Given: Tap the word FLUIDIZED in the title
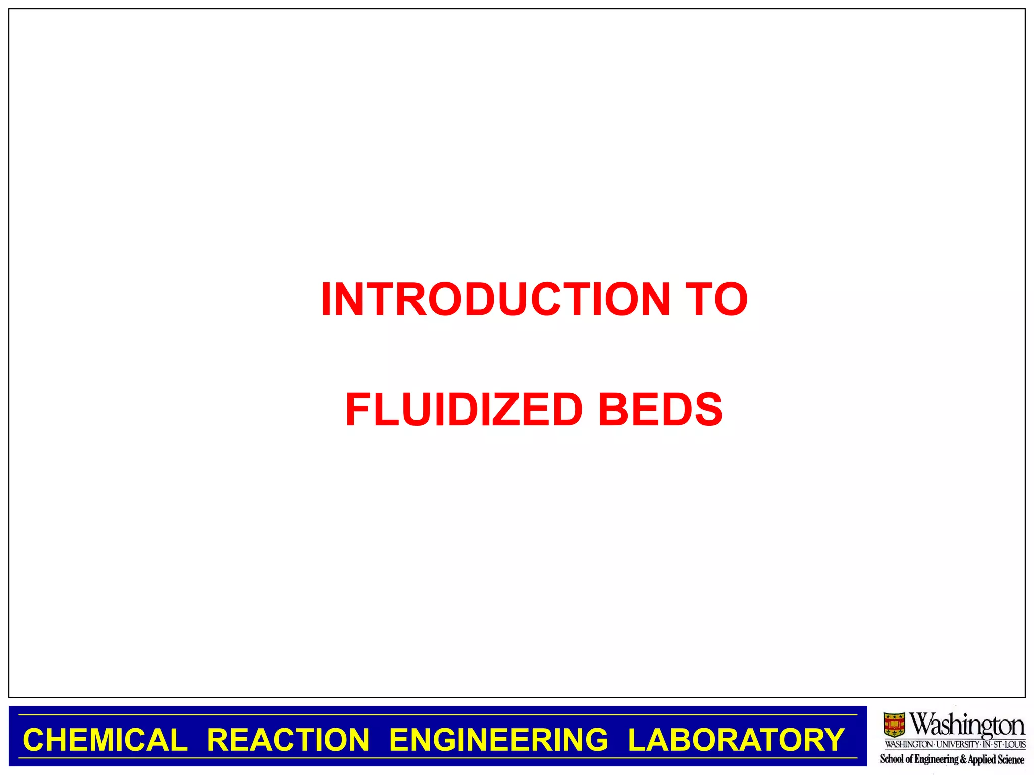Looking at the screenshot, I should coord(464,409).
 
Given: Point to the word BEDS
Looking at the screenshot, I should coord(660,409).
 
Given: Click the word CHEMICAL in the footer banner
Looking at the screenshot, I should coord(105,740).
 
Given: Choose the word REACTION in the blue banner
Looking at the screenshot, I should coord(288,740).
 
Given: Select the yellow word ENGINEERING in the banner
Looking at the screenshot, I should coord(498,740).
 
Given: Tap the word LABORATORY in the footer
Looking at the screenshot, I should coord(736,740).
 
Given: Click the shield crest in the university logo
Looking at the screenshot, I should coord(894,725).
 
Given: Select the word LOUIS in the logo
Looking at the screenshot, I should coord(1015,744).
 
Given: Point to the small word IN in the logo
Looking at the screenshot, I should coord(987,744).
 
